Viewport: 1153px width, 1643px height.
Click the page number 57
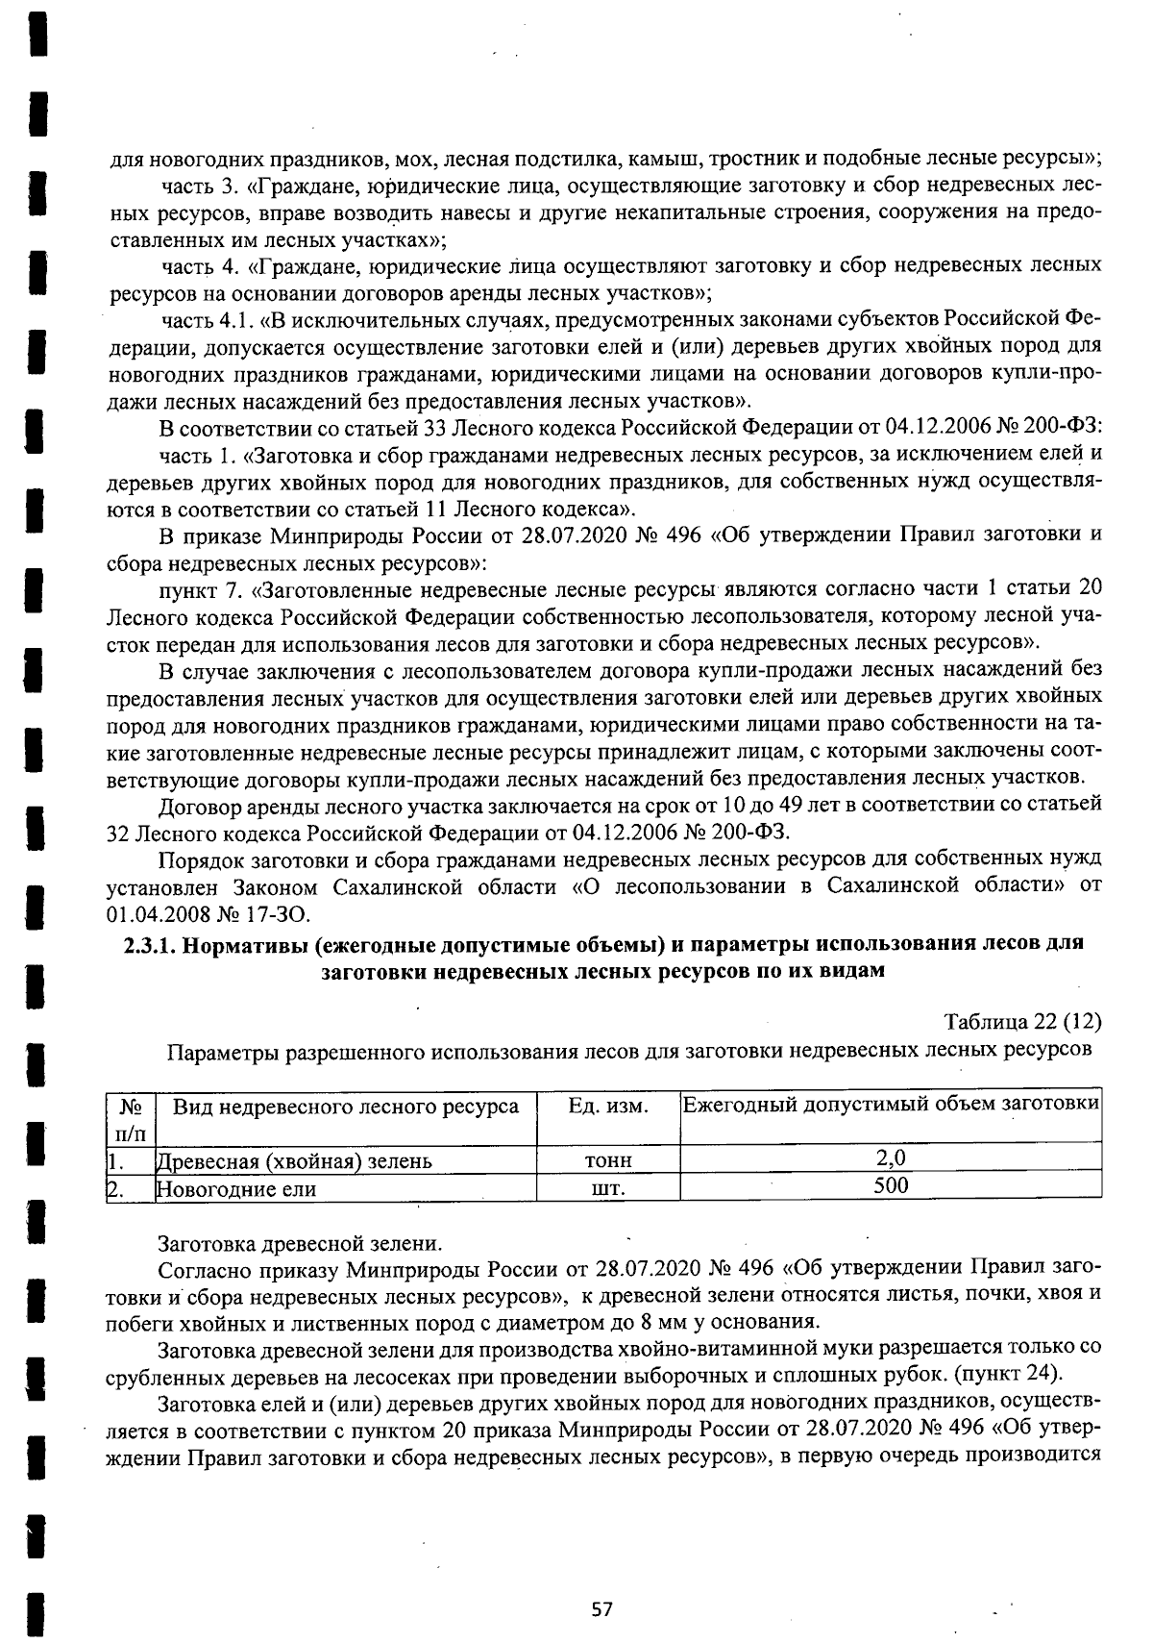point(602,1608)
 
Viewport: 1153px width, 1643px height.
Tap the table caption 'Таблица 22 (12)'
point(1022,1021)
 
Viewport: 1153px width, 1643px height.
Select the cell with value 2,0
point(891,1158)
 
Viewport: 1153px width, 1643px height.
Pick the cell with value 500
point(891,1186)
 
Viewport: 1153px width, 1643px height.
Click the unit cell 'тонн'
point(608,1160)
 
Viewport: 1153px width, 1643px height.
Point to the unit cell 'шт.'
point(608,1188)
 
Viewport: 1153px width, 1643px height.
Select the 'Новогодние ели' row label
point(236,1188)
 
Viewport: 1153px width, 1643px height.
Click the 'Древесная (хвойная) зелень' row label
point(294,1160)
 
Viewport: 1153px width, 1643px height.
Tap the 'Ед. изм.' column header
point(608,1107)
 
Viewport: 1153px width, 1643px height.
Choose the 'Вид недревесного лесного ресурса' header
point(346,1107)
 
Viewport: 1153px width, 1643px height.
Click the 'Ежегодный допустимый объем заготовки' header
point(891,1104)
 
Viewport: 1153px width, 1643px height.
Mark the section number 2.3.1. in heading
point(153,943)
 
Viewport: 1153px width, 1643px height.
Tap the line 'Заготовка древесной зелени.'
point(301,1244)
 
